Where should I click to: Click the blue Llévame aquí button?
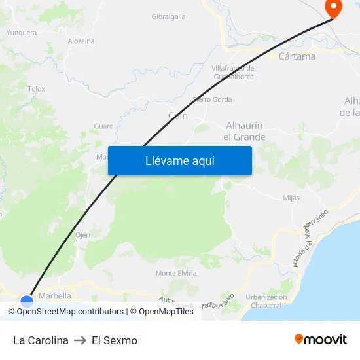tap(180, 160)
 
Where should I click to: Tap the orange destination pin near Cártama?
tap(333, 9)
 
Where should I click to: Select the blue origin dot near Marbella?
tap(27, 302)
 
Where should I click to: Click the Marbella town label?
tap(55, 295)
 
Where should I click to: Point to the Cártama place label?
tap(297, 56)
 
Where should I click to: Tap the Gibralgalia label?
tap(168, 16)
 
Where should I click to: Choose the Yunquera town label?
tap(22, 31)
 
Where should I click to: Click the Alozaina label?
tap(81, 41)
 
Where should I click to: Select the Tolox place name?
tap(37, 88)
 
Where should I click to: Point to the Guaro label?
tap(103, 126)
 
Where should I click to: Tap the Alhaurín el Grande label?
tap(244, 131)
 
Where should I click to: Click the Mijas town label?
tap(291, 197)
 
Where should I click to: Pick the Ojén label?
tap(82, 234)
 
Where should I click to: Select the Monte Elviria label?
tap(176, 273)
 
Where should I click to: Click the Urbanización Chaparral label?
tap(266, 301)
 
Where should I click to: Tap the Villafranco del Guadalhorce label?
tap(234, 72)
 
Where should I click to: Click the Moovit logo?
tap(321, 340)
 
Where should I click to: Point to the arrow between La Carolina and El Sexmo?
tap(81, 340)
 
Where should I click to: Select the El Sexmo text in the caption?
tap(115, 340)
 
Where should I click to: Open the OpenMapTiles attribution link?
tap(166, 312)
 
